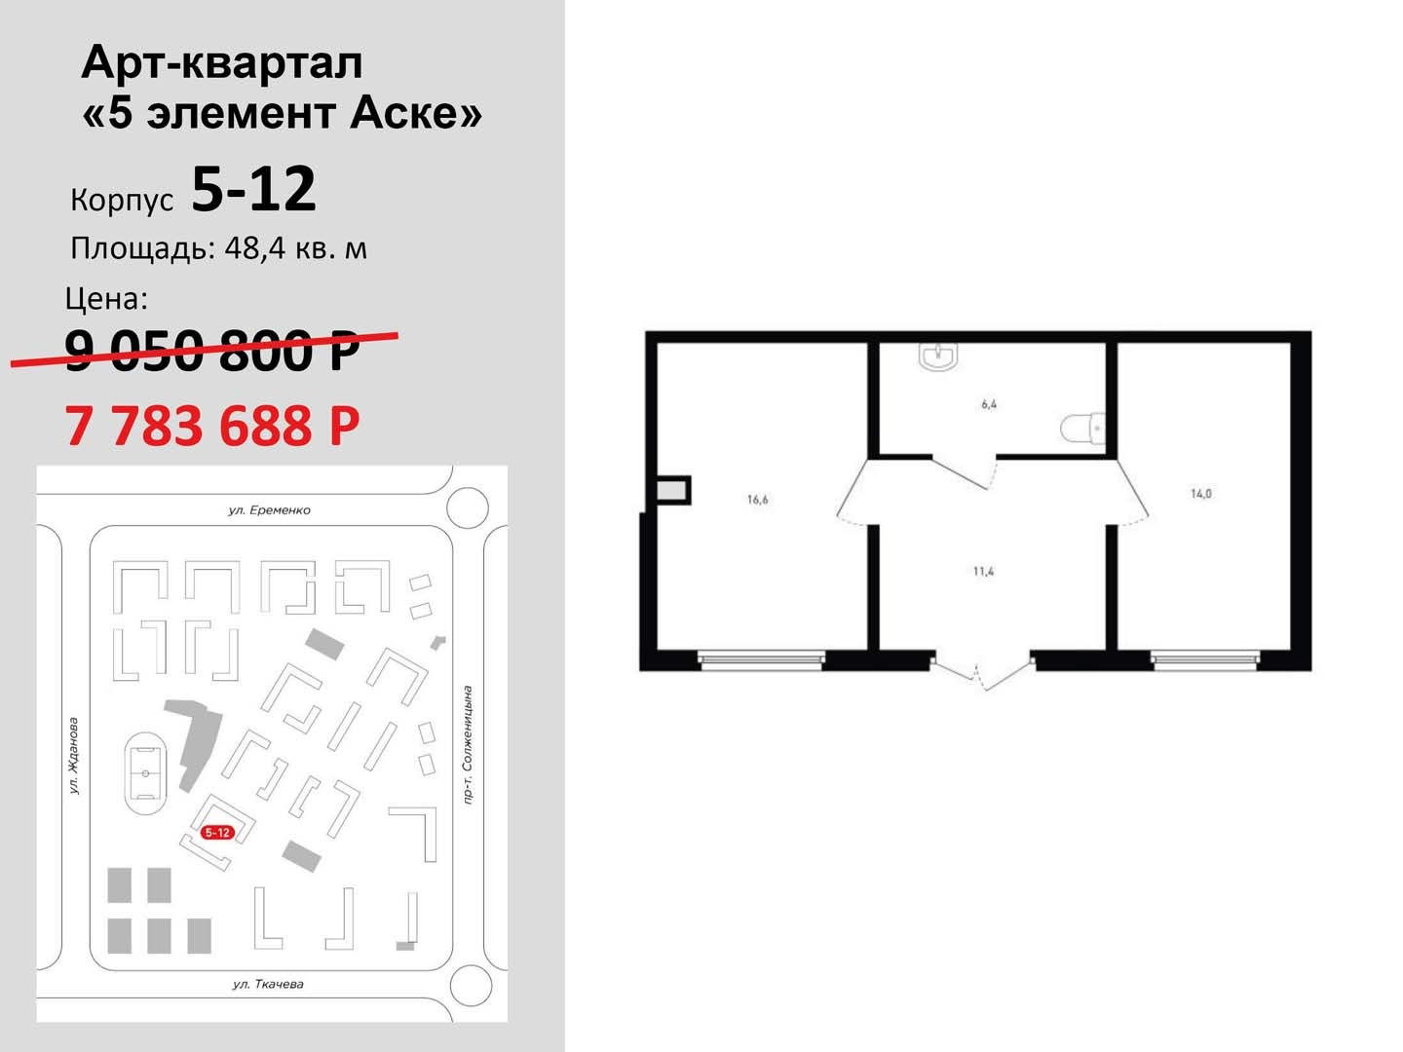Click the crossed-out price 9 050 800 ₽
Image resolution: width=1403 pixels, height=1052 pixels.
pos(212,351)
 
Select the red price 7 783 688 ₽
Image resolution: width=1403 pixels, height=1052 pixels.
pos(212,426)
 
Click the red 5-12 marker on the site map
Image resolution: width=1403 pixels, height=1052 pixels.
pos(217,833)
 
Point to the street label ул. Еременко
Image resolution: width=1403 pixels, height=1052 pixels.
pos(269,510)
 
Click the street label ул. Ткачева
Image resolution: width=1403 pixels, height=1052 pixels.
pos(268,984)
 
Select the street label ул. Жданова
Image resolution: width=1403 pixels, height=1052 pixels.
pos(73,756)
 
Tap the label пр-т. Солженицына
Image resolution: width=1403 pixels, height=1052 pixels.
pos(468,745)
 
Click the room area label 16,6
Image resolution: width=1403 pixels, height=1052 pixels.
pos(757,500)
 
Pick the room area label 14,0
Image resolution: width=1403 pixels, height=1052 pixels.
pos(1201,494)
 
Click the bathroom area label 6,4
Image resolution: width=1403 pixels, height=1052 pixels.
pos(989,404)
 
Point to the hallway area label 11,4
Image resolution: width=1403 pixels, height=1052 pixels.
pos(984,572)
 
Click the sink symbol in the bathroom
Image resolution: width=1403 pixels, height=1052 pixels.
pos(939,357)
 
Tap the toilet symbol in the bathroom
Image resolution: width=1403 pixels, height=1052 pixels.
pos(1082,428)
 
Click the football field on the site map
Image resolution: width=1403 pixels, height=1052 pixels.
pos(146,773)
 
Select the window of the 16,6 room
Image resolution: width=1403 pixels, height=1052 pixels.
pos(761,660)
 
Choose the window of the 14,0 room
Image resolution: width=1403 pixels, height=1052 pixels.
pos(1205,660)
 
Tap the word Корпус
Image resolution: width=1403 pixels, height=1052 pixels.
pos(122,200)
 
